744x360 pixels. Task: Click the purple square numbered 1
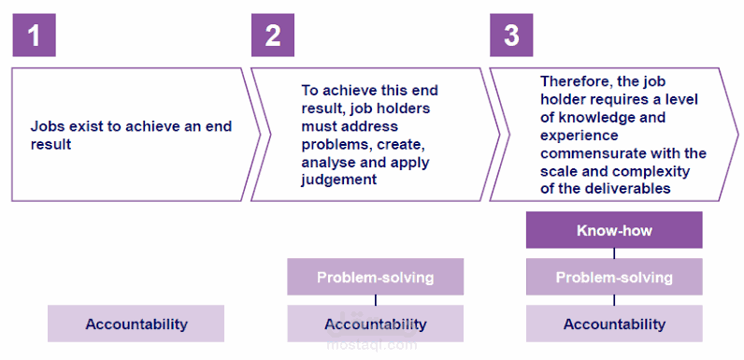click(35, 36)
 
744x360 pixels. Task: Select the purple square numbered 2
click(273, 36)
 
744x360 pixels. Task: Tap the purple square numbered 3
click(511, 36)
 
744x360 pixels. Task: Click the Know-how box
click(614, 230)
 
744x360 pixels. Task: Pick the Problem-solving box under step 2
click(376, 277)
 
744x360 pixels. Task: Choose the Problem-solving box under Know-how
click(614, 277)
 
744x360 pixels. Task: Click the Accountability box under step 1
click(136, 324)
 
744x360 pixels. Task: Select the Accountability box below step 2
click(376, 324)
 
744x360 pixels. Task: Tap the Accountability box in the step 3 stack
click(614, 324)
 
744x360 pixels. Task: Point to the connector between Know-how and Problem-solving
click(614, 253)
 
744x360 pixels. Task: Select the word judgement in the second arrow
click(338, 180)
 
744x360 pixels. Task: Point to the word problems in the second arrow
click(331, 144)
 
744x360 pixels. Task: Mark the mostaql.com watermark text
click(372, 345)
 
